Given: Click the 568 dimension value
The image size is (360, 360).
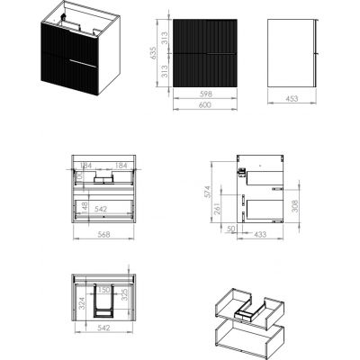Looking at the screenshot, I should coord(104,238).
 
